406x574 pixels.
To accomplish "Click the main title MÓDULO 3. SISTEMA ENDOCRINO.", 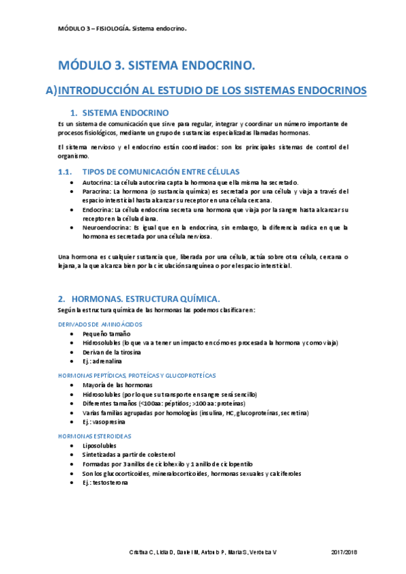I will point(157,66).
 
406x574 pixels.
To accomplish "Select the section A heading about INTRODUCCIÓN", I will point(205,90).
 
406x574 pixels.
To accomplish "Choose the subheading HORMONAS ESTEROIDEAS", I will point(95,436).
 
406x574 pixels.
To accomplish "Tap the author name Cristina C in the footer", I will point(142,553).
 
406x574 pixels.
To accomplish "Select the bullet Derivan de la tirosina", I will point(115,352).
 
